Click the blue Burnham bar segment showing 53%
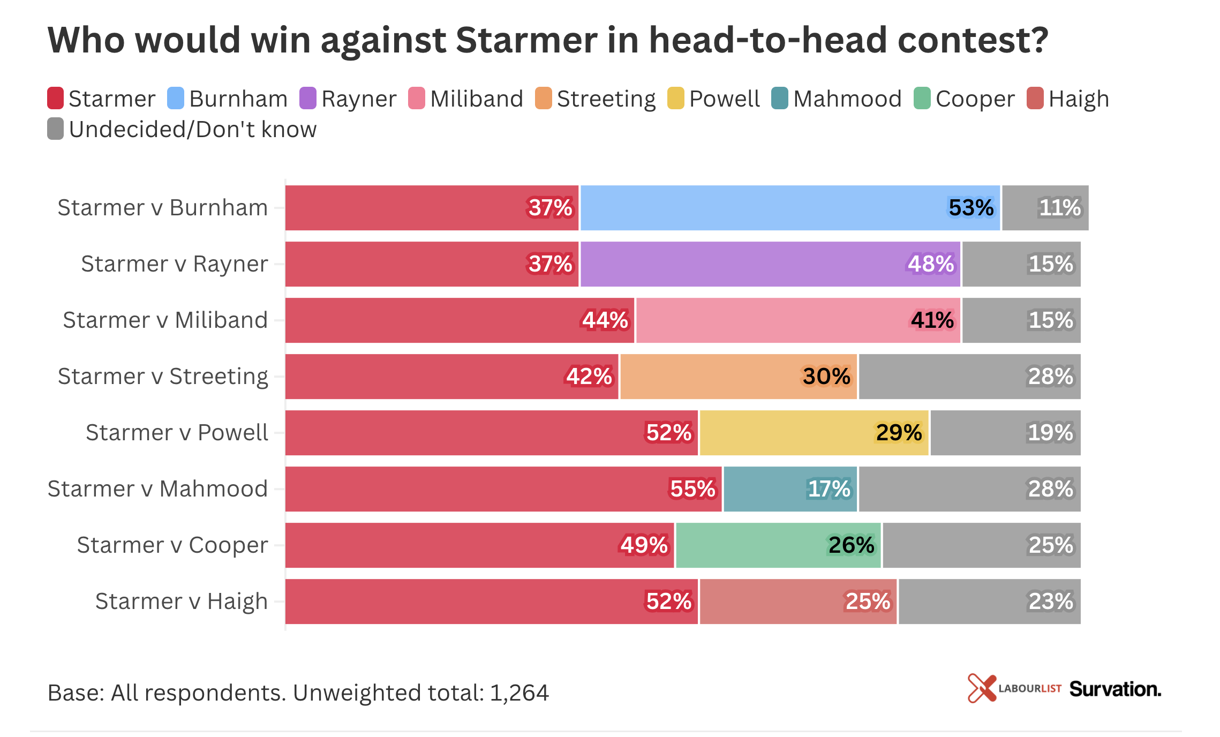[790, 208]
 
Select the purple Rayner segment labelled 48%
[770, 264]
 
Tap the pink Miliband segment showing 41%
[798, 320]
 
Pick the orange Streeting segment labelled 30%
[738, 377]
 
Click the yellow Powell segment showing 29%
[814, 433]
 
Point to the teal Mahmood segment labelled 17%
[790, 489]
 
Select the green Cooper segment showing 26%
[778, 545]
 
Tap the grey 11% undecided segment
[1045, 208]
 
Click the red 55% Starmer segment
[503, 489]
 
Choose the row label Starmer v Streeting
[163, 377]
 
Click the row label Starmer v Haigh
[182, 601]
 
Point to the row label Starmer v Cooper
[172, 545]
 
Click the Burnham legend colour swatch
[176, 99]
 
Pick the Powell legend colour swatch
[676, 99]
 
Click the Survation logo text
[1115, 689]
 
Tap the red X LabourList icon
[981, 688]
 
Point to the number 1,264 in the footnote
[519, 693]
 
